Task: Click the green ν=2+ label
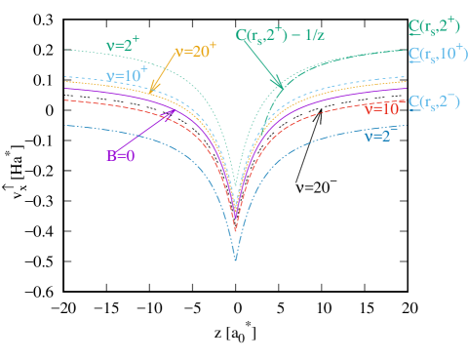(x=124, y=43)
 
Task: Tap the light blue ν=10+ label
(x=125, y=76)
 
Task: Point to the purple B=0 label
(x=121, y=154)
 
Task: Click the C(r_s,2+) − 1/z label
(x=280, y=35)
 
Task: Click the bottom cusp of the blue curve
(x=235, y=260)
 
